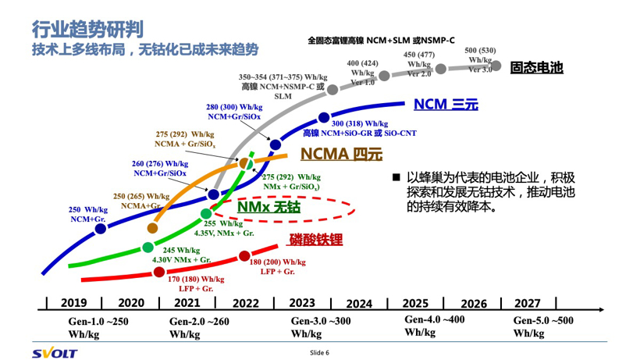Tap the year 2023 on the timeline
tap(301, 303)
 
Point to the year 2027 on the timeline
tap(528, 303)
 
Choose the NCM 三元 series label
tap(445, 104)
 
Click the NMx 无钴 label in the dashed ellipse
tap(269, 207)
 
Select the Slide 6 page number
tap(320, 352)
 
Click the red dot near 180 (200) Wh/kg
tap(244, 255)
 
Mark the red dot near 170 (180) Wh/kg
tap(159, 272)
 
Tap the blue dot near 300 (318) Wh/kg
tap(325, 118)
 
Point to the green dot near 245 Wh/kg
tap(148, 248)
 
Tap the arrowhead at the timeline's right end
tap(602, 310)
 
